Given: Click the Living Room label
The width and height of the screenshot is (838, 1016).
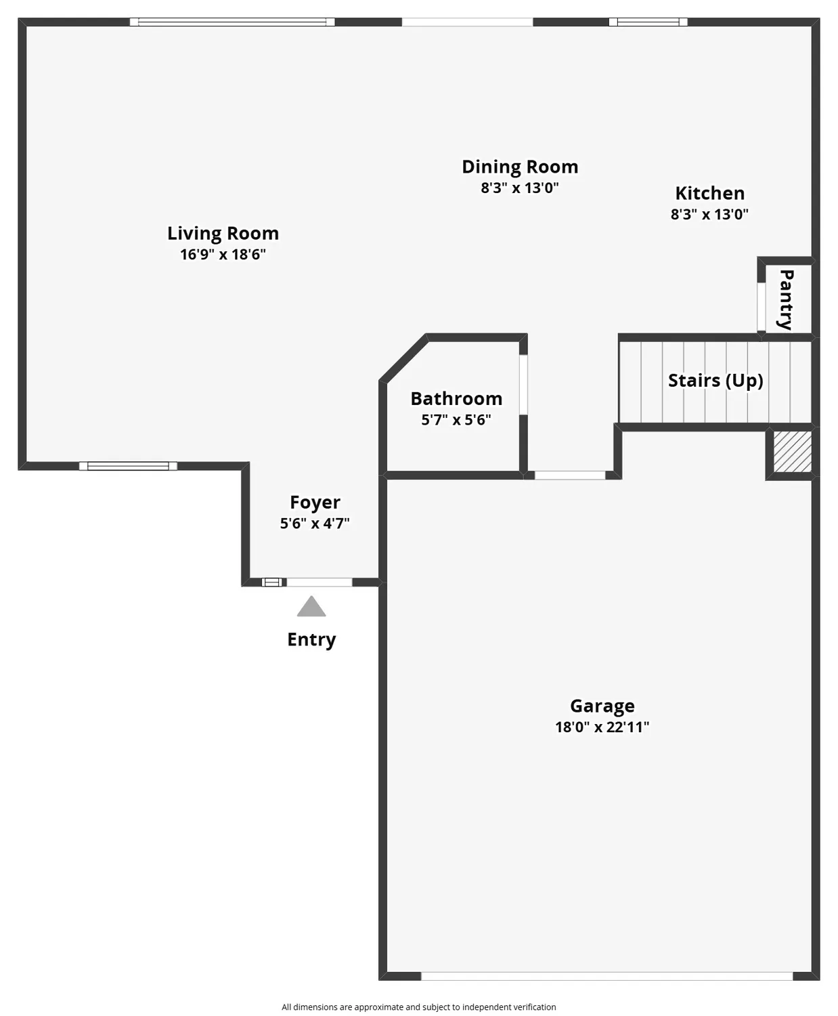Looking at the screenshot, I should pos(223,233).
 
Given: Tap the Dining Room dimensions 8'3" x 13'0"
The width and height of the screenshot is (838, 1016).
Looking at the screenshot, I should pos(520,188).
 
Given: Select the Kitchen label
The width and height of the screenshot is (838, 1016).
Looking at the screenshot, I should pos(709,193).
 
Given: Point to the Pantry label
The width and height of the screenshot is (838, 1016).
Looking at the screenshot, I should pos(786,299).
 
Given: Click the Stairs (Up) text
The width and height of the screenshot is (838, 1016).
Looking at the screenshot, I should pos(715,381).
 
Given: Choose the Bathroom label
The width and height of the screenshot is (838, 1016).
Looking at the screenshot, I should pos(456,398).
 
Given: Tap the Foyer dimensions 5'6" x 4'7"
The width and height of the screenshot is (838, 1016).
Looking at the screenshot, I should pos(315,523).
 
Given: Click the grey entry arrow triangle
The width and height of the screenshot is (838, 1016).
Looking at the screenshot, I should pos(311,607).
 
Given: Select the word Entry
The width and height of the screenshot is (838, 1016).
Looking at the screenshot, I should pos(311,639).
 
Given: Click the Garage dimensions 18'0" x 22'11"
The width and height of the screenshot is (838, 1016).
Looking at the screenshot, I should pos(602,727).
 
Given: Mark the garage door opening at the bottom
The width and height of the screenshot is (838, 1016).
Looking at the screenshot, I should pos(607,976).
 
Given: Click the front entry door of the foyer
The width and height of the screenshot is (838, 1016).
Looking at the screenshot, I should pos(319,582).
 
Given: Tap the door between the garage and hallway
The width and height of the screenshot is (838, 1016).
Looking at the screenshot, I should pos(570,475).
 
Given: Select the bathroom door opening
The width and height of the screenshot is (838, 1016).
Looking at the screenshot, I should pos(523,384).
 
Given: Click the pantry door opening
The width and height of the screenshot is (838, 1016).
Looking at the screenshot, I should pos(761,306).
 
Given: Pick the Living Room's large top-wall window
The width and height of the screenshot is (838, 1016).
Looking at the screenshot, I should pos(232,22).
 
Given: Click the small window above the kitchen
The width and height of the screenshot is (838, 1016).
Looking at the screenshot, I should pos(648,22).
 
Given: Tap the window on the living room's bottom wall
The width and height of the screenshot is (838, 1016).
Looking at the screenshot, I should pos(128,466).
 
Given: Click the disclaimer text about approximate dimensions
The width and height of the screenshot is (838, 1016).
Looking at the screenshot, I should pos(418,1007).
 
